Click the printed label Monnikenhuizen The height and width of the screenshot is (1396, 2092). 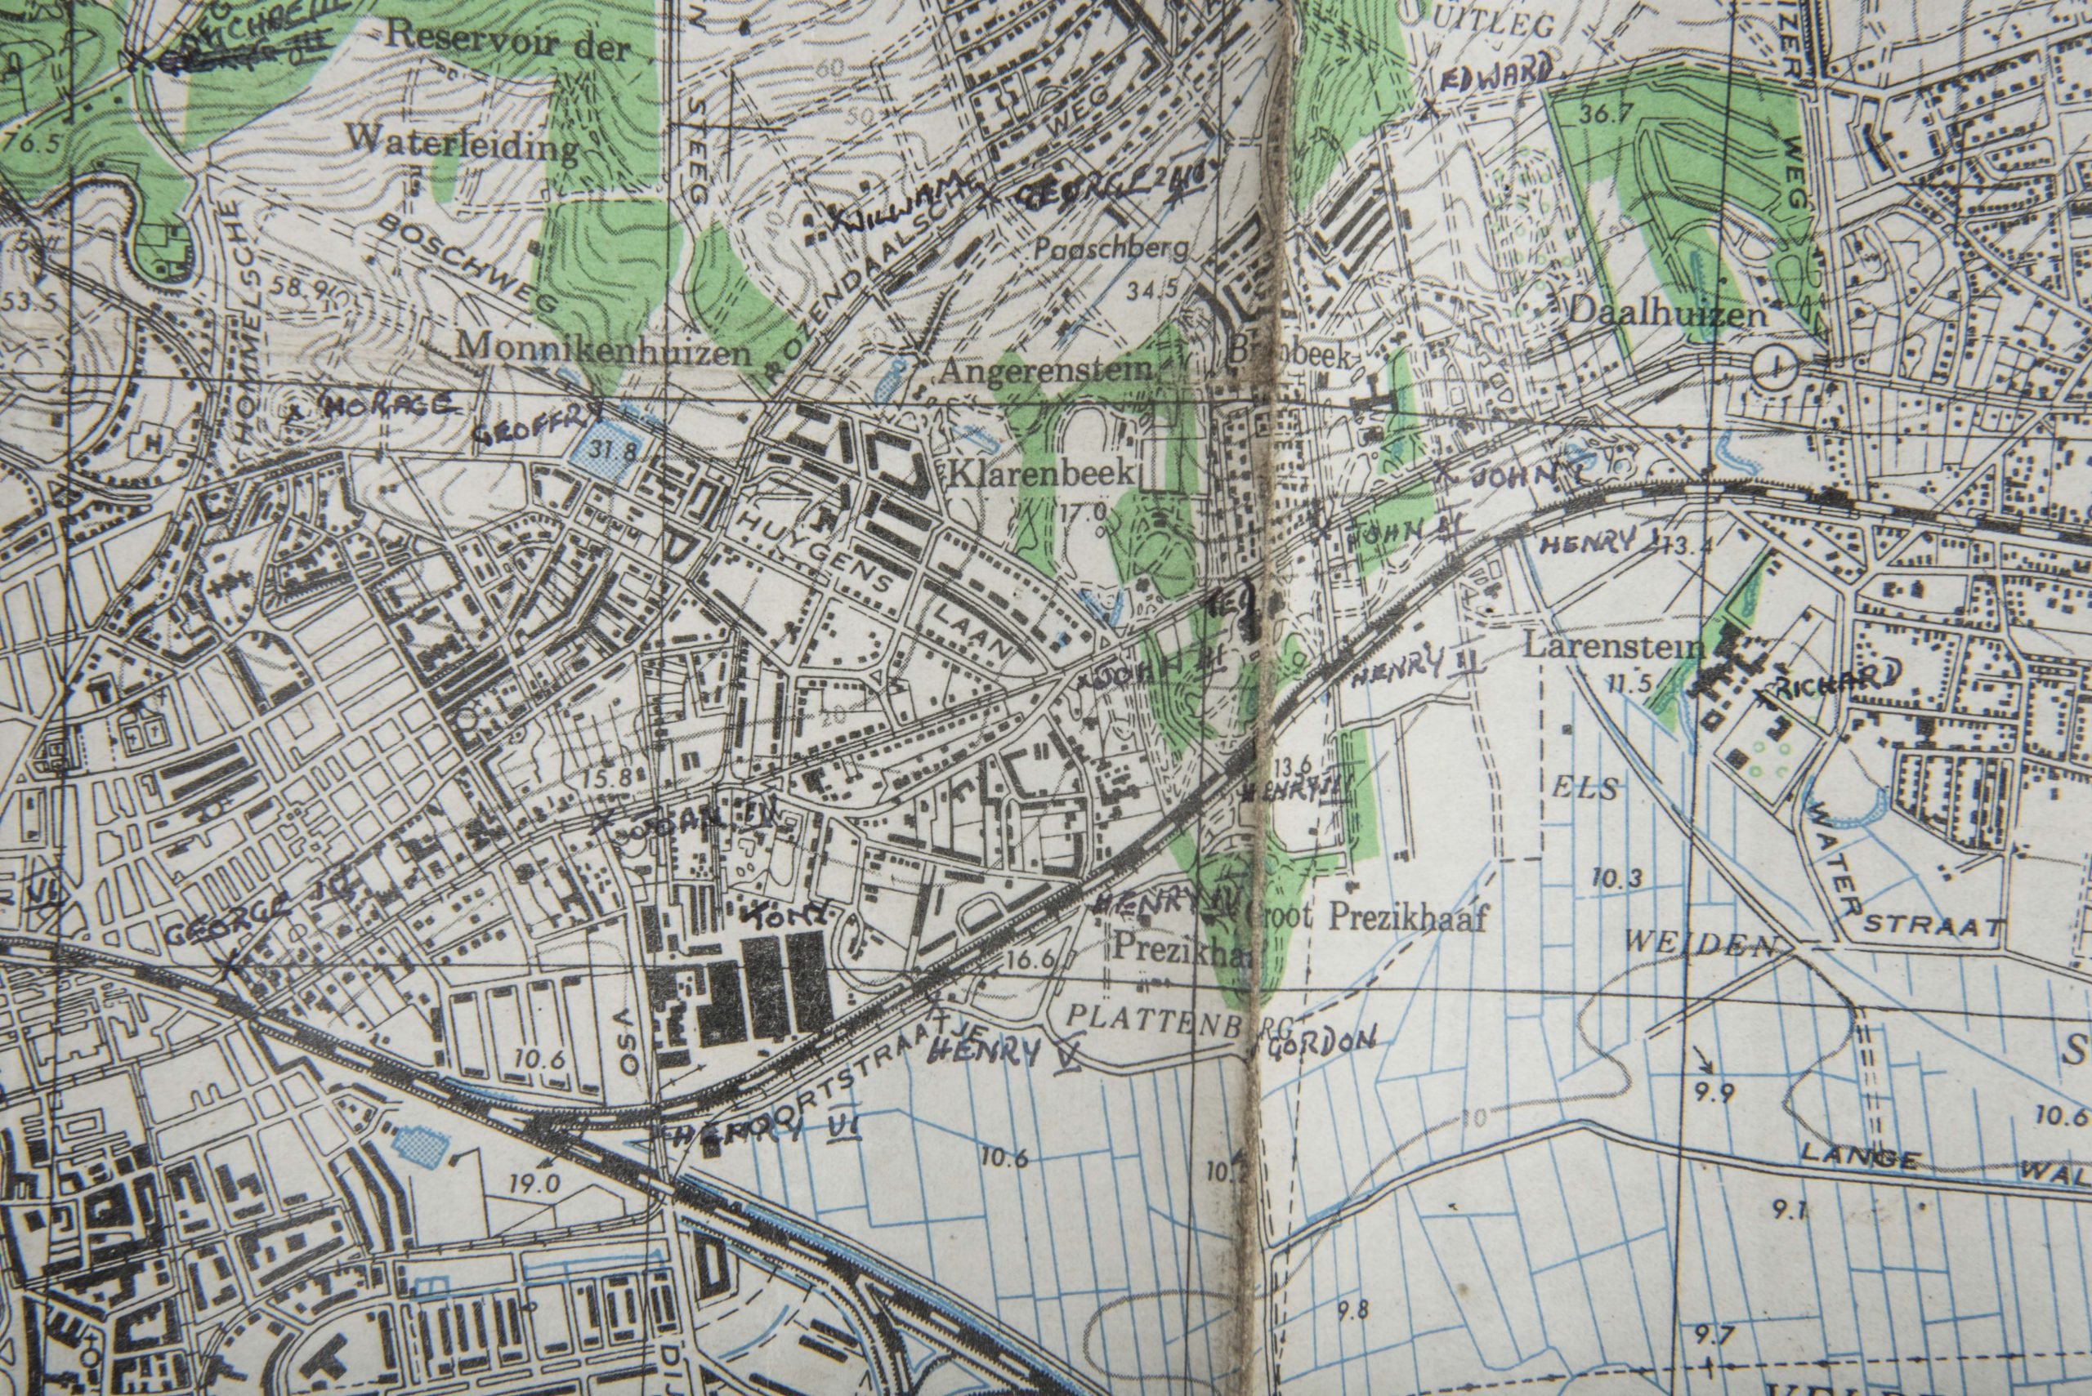(x=602, y=352)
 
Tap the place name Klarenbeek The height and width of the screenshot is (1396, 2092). (x=1043, y=475)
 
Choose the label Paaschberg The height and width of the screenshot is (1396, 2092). (x=1111, y=249)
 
